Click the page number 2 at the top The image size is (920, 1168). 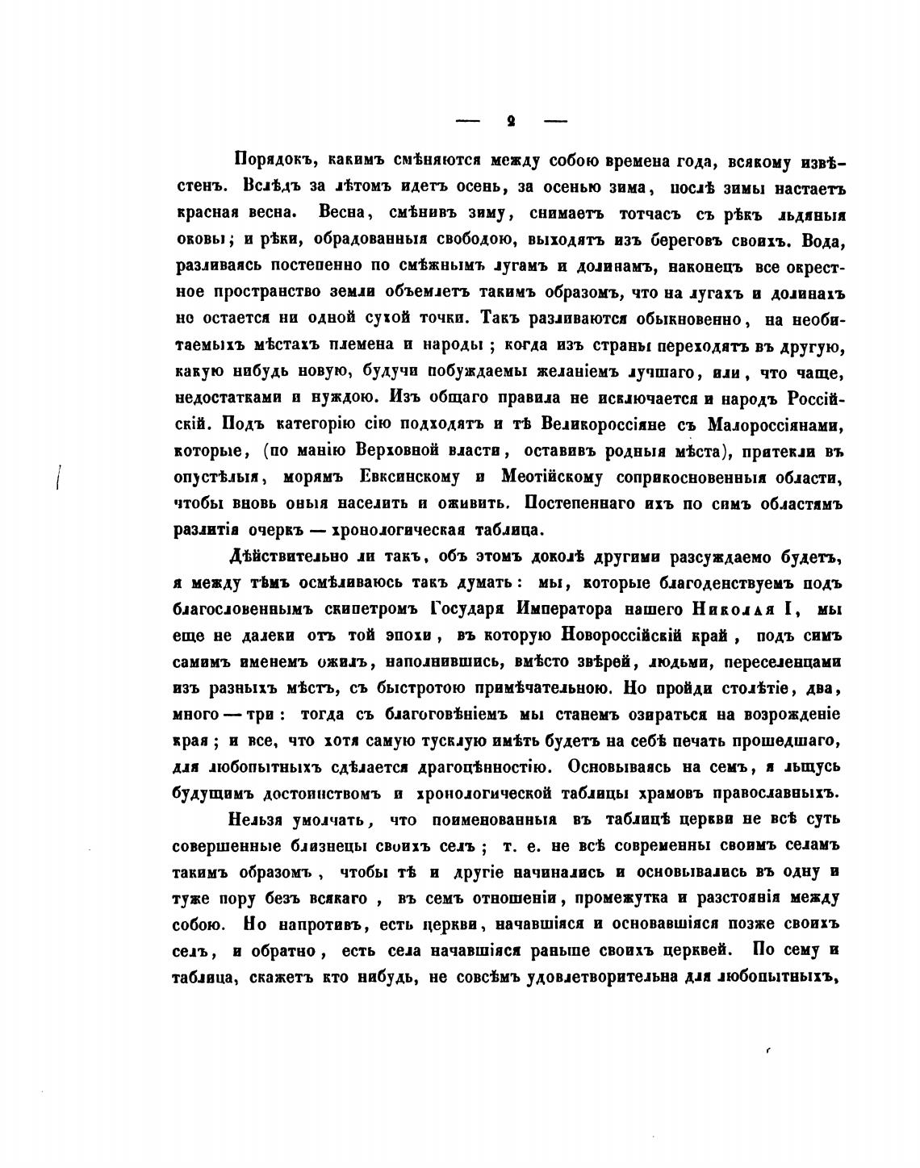pyautogui.click(x=511, y=122)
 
